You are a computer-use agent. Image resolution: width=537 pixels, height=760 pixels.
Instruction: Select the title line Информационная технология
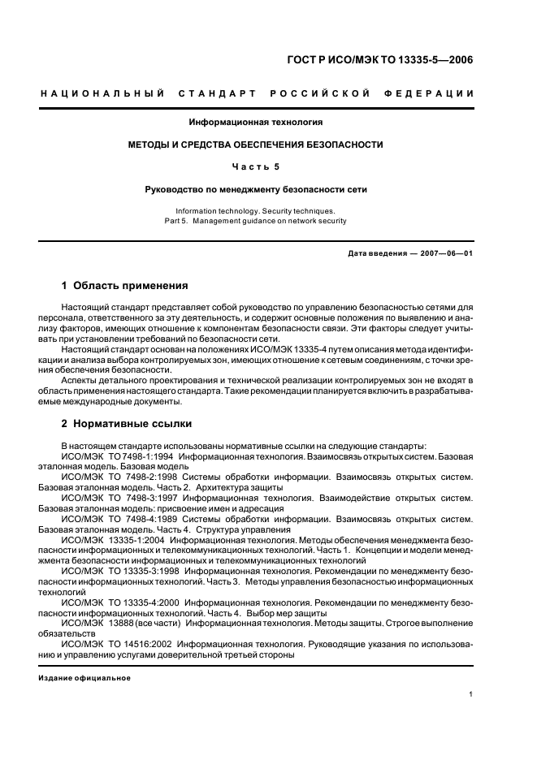click(256, 123)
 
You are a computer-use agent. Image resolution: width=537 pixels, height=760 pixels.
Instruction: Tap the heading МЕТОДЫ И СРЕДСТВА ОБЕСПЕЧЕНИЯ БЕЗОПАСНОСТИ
click(256, 145)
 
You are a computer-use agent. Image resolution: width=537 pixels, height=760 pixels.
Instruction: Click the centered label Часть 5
click(256, 167)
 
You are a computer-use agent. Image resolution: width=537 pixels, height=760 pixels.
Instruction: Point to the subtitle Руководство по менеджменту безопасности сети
click(256, 190)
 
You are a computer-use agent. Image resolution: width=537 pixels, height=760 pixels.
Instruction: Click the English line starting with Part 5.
click(256, 220)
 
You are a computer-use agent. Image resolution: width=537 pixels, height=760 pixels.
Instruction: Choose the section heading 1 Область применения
click(125, 286)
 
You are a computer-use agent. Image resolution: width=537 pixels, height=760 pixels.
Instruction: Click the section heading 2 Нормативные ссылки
click(128, 423)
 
